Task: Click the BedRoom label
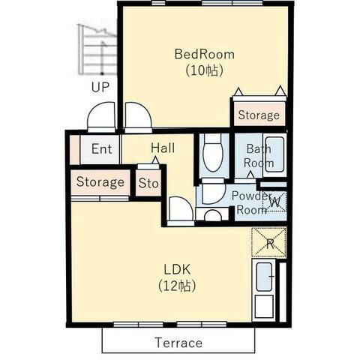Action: pyautogui.click(x=205, y=54)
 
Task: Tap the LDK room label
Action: pyautogui.click(x=177, y=269)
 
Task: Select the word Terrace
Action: pyautogui.click(x=178, y=343)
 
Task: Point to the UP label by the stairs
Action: pyautogui.click(x=100, y=87)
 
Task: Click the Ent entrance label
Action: pyautogui.click(x=101, y=149)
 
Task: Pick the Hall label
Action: pyautogui.click(x=163, y=148)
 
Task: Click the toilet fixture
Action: pyautogui.click(x=213, y=152)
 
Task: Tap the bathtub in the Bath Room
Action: pyautogui.click(x=274, y=154)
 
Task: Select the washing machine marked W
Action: pyautogui.click(x=274, y=202)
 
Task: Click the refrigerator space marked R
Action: pyautogui.click(x=269, y=242)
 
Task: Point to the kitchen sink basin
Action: pyautogui.click(x=264, y=277)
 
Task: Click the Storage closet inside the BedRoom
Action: pyautogui.click(x=259, y=114)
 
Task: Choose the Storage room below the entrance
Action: pyautogui.click(x=100, y=182)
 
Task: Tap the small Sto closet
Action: pyautogui.click(x=148, y=183)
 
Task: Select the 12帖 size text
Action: pyautogui.click(x=177, y=286)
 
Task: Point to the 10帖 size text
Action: pyautogui.click(x=205, y=70)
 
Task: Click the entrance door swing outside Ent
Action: pyautogui.click(x=101, y=116)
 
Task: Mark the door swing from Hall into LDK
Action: pyautogui.click(x=181, y=211)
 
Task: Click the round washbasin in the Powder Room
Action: pyautogui.click(x=213, y=216)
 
